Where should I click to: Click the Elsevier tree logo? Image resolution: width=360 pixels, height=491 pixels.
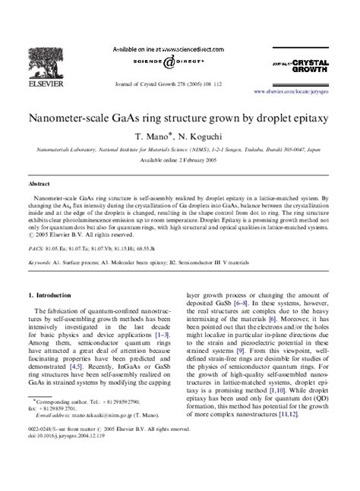[48, 64]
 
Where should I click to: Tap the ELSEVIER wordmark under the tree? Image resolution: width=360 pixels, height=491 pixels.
[47, 84]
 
